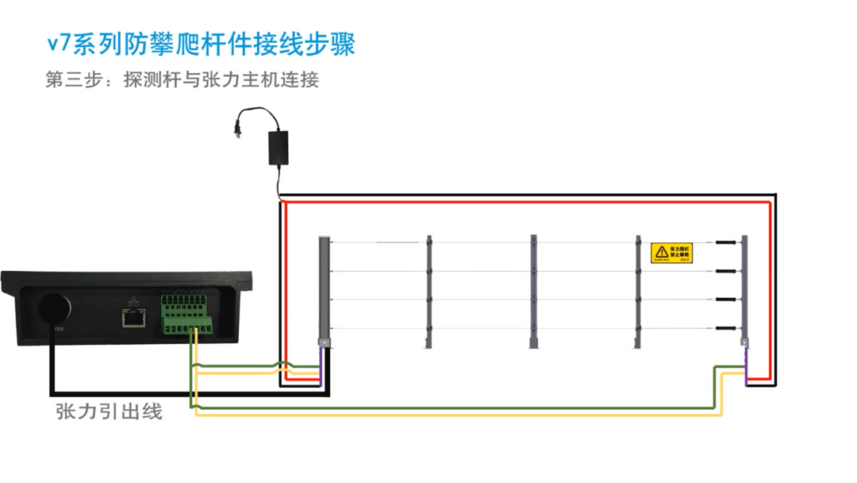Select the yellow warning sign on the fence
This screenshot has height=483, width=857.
coord(671,253)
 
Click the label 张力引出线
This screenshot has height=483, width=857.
coord(109,412)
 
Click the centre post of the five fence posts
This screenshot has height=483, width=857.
coord(534,290)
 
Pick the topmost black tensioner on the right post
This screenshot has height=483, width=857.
coord(724,241)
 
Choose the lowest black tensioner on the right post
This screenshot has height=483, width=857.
coord(724,327)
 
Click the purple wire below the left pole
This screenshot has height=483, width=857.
coord(321,367)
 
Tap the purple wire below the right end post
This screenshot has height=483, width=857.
coord(746,369)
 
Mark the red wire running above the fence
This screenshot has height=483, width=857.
coord(524,203)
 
